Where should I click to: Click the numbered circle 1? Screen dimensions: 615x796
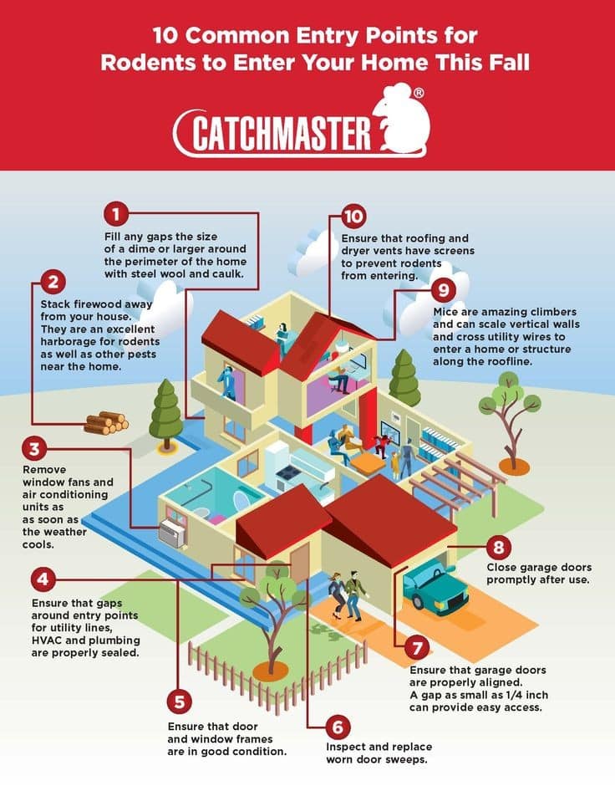click(x=116, y=214)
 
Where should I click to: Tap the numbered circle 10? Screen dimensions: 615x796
click(x=353, y=217)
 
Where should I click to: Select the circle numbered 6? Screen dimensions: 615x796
click(x=338, y=727)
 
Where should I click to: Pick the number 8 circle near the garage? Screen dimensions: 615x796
click(x=499, y=547)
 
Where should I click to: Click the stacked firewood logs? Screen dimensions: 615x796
click(x=106, y=422)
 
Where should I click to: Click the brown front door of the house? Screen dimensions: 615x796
click(x=299, y=563)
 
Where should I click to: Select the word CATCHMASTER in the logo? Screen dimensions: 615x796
click(x=281, y=133)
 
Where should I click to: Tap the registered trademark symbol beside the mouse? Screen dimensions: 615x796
click(x=419, y=93)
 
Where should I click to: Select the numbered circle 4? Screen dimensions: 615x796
click(x=43, y=579)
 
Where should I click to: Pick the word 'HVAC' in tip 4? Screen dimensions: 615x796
click(x=47, y=640)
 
